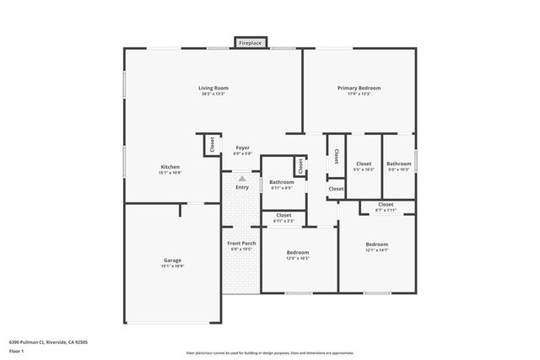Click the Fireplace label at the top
pyautogui.click(x=250, y=42)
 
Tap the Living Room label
pyautogui.click(x=213, y=88)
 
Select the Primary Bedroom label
pyautogui.click(x=359, y=88)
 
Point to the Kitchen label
pyautogui.click(x=170, y=167)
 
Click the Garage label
pyautogui.click(x=173, y=260)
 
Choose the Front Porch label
pyautogui.click(x=242, y=244)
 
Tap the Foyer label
pyautogui.click(x=242, y=148)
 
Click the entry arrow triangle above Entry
pyautogui.click(x=242, y=179)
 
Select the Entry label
pyautogui.click(x=242, y=187)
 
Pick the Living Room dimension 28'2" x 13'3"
pyautogui.click(x=213, y=94)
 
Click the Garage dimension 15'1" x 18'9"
pyautogui.click(x=173, y=266)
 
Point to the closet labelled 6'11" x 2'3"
pyautogui.click(x=284, y=218)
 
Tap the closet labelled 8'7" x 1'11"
pyautogui.click(x=386, y=207)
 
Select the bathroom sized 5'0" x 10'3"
pyautogui.click(x=399, y=166)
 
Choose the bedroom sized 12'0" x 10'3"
pyautogui.click(x=298, y=255)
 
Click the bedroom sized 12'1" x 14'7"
pyautogui.click(x=376, y=247)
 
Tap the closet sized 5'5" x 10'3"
pyautogui.click(x=364, y=166)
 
